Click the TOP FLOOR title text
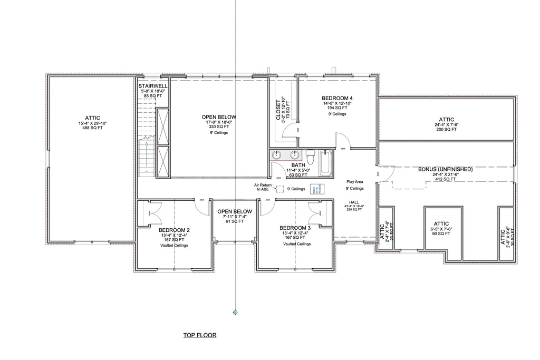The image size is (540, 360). click(x=199, y=335)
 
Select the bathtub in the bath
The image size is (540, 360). click(x=324, y=163)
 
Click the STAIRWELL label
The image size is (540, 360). click(x=153, y=85)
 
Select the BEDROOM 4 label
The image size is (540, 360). click(x=337, y=98)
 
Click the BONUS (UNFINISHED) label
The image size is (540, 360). click(x=445, y=169)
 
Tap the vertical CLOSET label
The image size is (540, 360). click(x=279, y=110)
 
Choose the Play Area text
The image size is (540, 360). click(x=355, y=181)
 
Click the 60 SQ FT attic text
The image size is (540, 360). click(x=441, y=233)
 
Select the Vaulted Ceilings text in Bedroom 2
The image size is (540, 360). click(x=174, y=246)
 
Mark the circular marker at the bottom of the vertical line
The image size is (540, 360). click(x=235, y=313)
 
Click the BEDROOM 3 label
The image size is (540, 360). click(x=295, y=228)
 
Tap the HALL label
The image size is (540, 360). click(x=354, y=202)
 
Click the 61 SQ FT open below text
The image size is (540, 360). click(x=235, y=221)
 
